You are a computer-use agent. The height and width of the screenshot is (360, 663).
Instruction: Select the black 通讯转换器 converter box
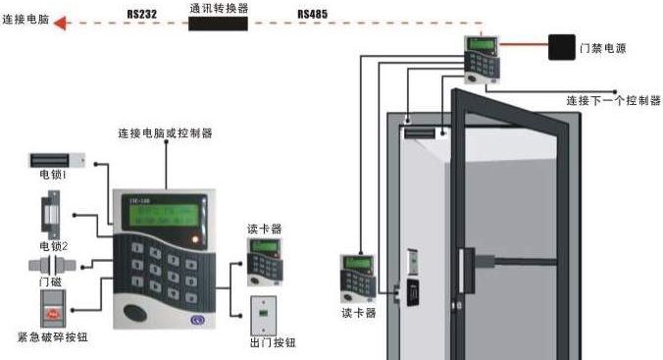218,23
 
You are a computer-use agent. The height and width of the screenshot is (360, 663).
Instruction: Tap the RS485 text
312,13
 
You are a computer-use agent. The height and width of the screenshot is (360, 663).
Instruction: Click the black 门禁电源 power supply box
561,47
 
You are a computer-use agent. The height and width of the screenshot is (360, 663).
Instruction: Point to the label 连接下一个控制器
613,100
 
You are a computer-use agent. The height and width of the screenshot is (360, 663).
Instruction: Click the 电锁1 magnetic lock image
56,159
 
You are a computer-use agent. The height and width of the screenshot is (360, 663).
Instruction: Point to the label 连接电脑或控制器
165,132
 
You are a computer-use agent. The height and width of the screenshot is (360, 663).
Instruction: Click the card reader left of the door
356,278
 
